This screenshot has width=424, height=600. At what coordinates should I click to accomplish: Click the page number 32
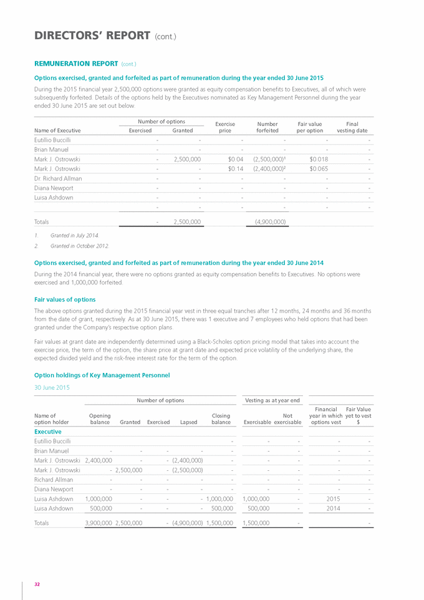click(37, 584)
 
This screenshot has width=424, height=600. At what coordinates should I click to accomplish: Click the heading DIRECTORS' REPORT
click(92, 36)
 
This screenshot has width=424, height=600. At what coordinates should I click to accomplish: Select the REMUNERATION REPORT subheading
click(75, 64)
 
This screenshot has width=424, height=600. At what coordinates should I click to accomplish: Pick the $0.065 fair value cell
click(312, 168)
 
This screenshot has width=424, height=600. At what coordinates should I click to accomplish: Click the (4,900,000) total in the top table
click(270, 221)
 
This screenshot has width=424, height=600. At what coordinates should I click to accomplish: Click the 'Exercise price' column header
click(225, 127)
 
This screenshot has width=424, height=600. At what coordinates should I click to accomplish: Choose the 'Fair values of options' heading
click(64, 299)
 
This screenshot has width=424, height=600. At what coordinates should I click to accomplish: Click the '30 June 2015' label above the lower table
click(52, 387)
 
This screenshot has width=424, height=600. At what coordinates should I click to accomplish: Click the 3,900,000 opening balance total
click(99, 523)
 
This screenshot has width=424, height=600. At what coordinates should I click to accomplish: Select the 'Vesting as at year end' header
click(272, 400)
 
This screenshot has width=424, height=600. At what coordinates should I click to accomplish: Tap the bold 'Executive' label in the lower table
click(47, 431)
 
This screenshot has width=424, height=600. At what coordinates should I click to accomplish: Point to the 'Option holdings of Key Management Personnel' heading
click(102, 375)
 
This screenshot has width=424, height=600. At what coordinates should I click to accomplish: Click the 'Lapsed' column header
click(188, 422)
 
